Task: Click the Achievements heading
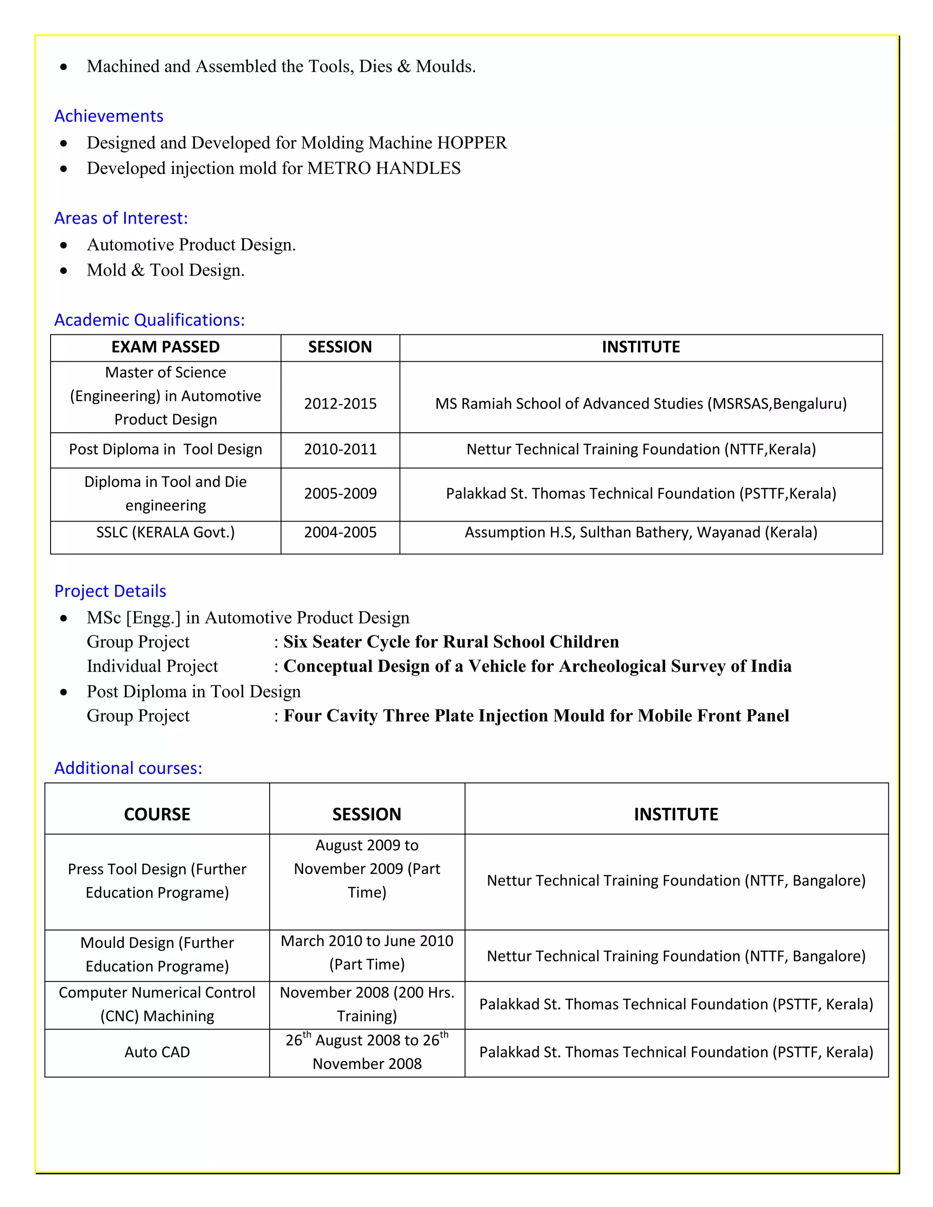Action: [109, 116]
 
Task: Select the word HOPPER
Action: [472, 143]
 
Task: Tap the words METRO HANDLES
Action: [384, 168]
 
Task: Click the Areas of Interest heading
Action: [121, 218]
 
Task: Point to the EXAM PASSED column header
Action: [165, 347]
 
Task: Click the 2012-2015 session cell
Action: [340, 404]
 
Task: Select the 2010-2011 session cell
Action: [340, 449]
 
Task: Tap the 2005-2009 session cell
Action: [340, 494]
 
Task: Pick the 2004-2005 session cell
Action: [340, 532]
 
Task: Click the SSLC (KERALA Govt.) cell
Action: [165, 532]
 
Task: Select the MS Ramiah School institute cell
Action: [641, 404]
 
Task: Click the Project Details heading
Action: [110, 591]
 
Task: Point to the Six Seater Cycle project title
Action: [451, 642]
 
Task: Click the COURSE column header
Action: [157, 814]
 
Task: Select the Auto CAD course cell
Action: [157, 1052]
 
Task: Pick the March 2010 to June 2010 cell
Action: [367, 952]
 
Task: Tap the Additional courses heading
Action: [128, 768]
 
